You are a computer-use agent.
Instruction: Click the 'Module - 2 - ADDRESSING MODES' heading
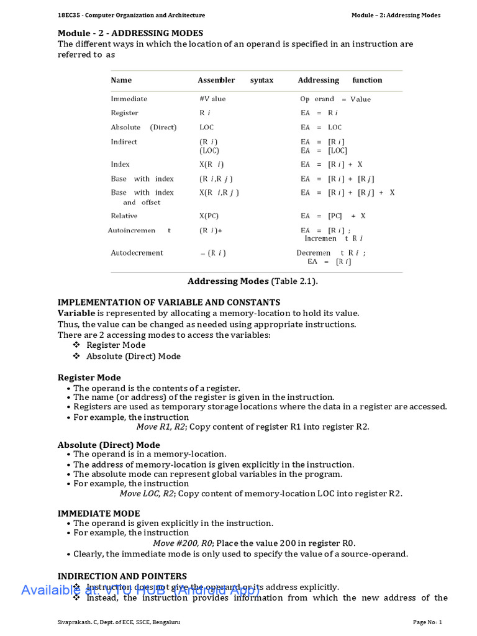pyautogui.click(x=130, y=33)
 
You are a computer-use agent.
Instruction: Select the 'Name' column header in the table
pyautogui.click(x=121, y=80)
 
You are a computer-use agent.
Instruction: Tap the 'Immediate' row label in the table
pyautogui.click(x=129, y=99)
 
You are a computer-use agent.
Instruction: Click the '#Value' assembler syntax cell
pyautogui.click(x=212, y=99)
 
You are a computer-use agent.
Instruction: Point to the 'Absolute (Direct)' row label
pyautogui.click(x=143, y=127)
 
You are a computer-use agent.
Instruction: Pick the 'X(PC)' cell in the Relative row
pyautogui.click(x=209, y=216)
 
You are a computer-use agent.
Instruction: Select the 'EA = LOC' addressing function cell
pyautogui.click(x=321, y=127)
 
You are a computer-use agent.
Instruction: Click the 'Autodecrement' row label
pyautogui.click(x=137, y=253)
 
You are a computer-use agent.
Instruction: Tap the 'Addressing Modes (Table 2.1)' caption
pyautogui.click(x=252, y=281)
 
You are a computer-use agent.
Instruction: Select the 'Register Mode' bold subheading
pyautogui.click(x=89, y=378)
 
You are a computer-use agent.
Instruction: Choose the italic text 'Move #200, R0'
pyautogui.click(x=183, y=543)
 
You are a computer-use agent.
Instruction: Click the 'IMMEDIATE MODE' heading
pyautogui.click(x=99, y=514)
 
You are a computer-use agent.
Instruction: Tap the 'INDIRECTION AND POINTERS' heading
pyautogui.click(x=122, y=576)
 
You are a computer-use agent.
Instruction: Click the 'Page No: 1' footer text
pyautogui.click(x=427, y=622)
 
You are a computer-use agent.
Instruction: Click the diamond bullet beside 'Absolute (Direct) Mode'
pyautogui.click(x=76, y=357)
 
